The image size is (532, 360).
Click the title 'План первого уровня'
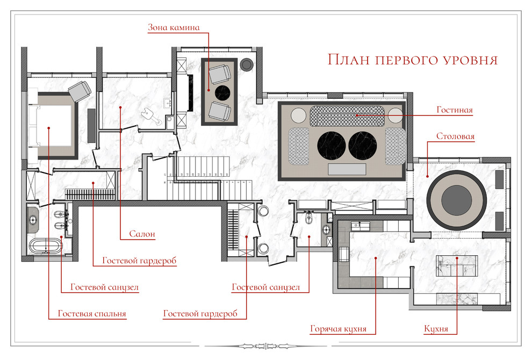point(413,59)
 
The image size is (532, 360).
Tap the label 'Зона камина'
point(174,27)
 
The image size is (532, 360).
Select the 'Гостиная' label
point(455,111)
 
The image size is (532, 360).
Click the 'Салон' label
point(142,234)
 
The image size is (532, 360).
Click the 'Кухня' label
point(436,329)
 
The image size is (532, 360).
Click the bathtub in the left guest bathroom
point(45,247)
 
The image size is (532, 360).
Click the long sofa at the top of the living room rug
point(348,114)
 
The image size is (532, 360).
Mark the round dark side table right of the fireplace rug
point(247,64)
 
